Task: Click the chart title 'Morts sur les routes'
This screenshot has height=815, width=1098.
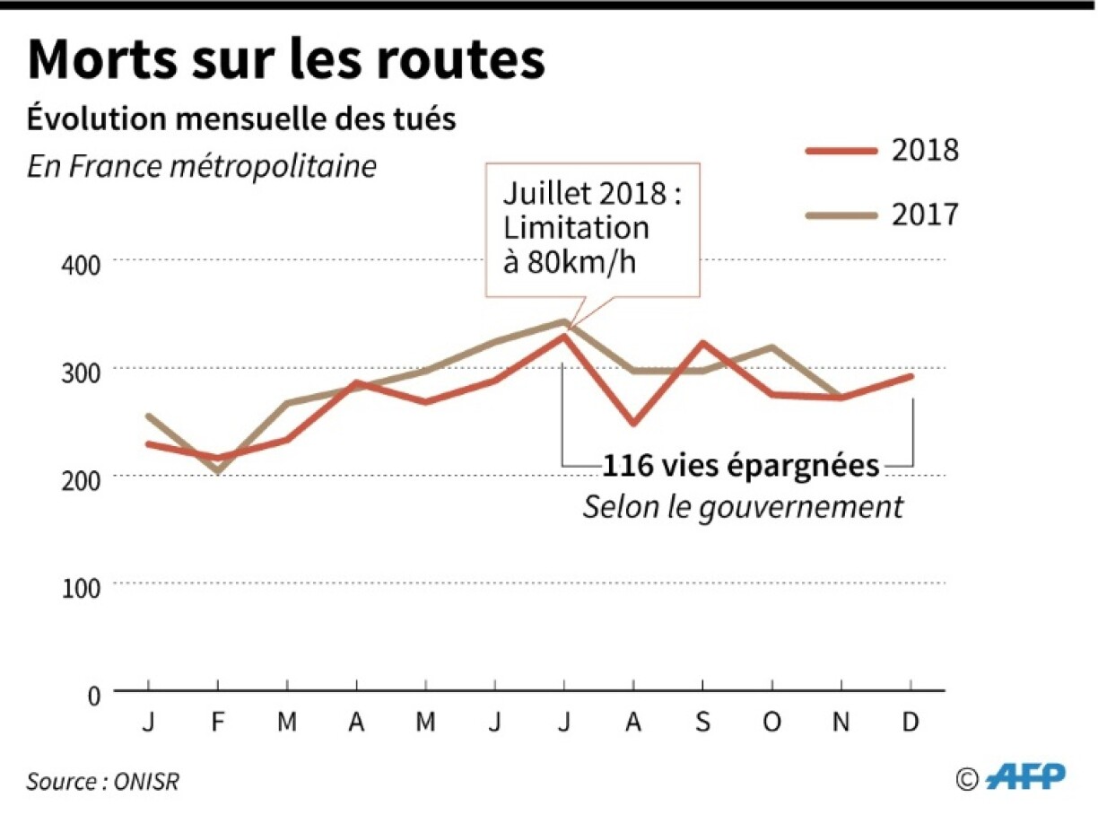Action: [286, 60]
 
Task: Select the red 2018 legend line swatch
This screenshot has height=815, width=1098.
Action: [841, 150]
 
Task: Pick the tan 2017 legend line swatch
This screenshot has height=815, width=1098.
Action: [841, 215]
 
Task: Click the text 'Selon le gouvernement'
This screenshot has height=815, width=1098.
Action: [743, 507]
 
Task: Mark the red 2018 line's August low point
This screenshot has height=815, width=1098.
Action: [633, 423]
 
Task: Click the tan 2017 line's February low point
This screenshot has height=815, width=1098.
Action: [217, 471]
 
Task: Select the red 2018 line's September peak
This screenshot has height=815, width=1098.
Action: [702, 342]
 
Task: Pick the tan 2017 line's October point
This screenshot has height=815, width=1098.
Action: [772, 347]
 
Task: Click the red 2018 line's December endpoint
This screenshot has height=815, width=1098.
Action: [911, 376]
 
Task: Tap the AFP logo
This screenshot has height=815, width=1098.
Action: [1025, 776]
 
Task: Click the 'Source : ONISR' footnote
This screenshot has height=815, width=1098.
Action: [102, 781]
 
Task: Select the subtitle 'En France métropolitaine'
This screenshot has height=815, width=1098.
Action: [202, 167]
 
